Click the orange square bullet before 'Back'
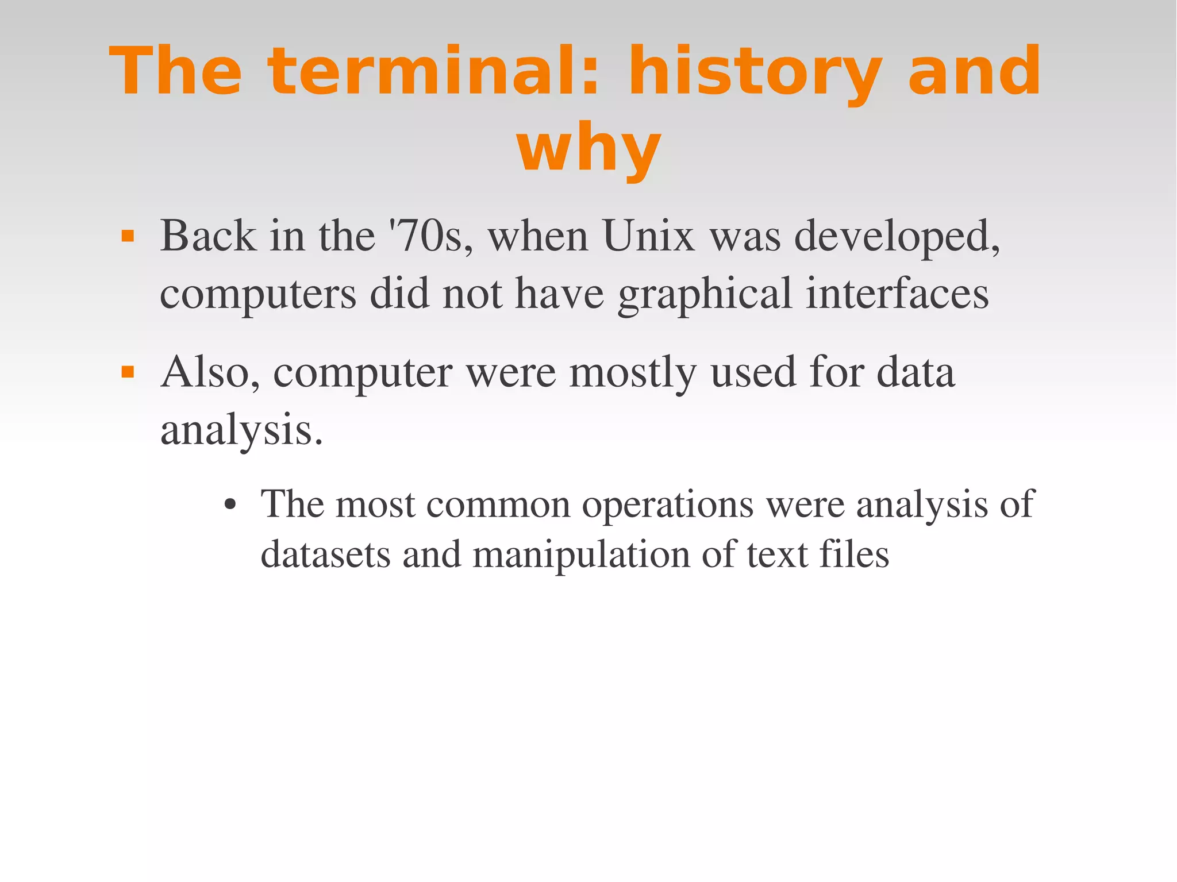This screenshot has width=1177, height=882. (x=128, y=236)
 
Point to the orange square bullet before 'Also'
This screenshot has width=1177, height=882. (x=128, y=373)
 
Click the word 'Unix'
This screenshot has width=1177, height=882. (x=649, y=236)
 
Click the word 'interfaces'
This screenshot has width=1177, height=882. (x=897, y=294)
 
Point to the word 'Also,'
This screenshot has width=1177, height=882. (x=210, y=373)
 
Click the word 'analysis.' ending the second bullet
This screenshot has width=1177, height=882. (x=241, y=431)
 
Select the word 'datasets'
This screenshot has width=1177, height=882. (x=325, y=555)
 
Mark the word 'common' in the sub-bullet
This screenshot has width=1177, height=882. (x=498, y=504)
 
